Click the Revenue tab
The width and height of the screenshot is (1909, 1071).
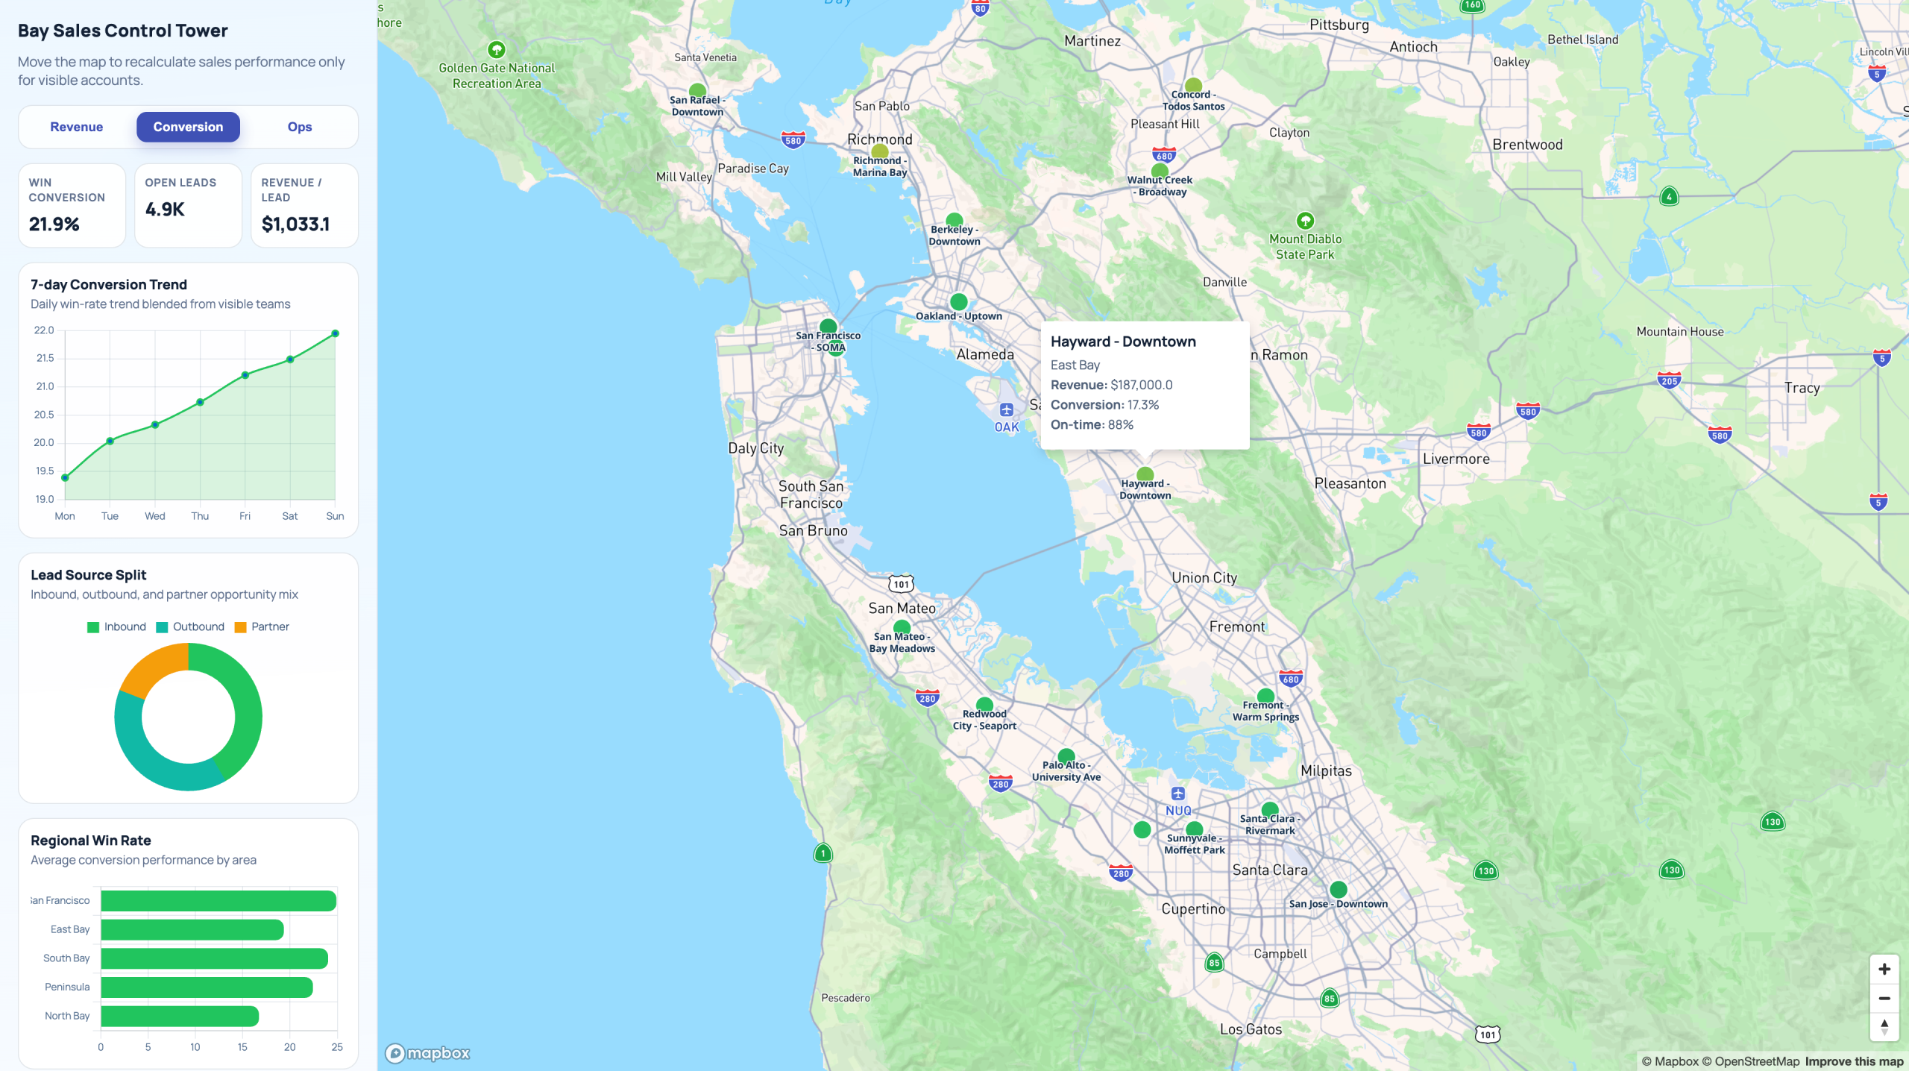click(x=77, y=127)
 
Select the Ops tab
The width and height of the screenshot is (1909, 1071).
click(x=300, y=127)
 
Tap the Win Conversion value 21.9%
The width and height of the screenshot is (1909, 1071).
click(x=54, y=224)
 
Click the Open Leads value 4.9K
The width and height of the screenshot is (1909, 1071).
click(x=165, y=210)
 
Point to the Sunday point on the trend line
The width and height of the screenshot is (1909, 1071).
click(x=335, y=333)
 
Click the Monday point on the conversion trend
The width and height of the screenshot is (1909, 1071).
click(x=65, y=477)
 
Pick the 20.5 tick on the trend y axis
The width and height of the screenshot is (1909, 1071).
click(x=44, y=415)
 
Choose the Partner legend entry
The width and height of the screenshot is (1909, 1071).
click(x=262, y=626)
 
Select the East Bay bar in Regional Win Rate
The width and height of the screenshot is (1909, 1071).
click(x=192, y=929)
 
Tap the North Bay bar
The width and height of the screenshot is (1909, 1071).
click(x=180, y=1016)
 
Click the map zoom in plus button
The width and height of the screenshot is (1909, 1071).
click(x=1884, y=969)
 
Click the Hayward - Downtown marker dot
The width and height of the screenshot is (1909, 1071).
click(x=1145, y=474)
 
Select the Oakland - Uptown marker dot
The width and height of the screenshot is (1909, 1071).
click(x=959, y=302)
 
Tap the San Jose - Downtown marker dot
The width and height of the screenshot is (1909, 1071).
click(x=1339, y=889)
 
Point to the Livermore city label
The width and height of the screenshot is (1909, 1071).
click(x=1456, y=459)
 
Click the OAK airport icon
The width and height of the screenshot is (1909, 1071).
click(x=1007, y=409)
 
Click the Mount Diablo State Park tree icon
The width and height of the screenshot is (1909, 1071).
click(x=1305, y=221)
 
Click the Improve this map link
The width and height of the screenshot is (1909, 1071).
click(x=1854, y=1061)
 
